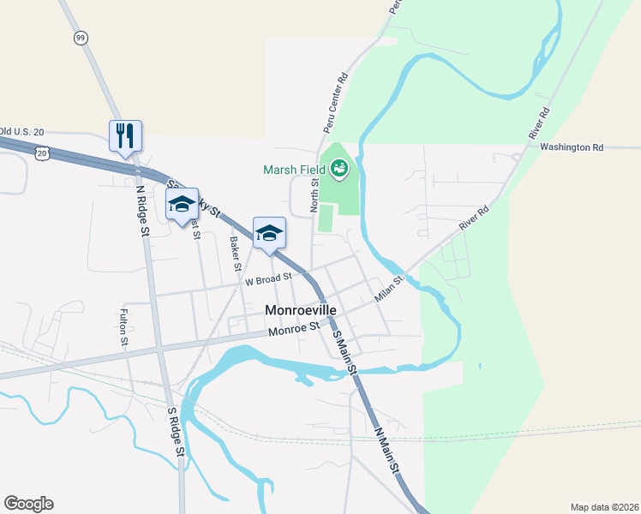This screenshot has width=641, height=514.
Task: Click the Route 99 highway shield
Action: (x=81, y=38)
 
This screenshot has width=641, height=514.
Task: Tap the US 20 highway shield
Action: (x=43, y=152)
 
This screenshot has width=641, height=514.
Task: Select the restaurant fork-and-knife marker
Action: (x=125, y=135)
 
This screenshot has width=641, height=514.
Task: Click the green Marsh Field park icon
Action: (x=341, y=169)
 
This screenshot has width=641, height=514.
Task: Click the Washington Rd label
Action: (x=572, y=147)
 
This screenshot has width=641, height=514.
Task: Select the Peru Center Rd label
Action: (x=336, y=102)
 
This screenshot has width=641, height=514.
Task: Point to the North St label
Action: (x=315, y=195)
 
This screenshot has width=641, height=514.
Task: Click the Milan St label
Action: (x=389, y=289)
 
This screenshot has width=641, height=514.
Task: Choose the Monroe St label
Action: (x=293, y=329)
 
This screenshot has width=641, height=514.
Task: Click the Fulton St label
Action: (x=124, y=327)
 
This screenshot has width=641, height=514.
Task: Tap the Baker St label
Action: (x=234, y=254)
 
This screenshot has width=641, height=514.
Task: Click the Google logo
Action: (x=28, y=504)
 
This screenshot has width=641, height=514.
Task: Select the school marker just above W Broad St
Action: (x=269, y=233)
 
